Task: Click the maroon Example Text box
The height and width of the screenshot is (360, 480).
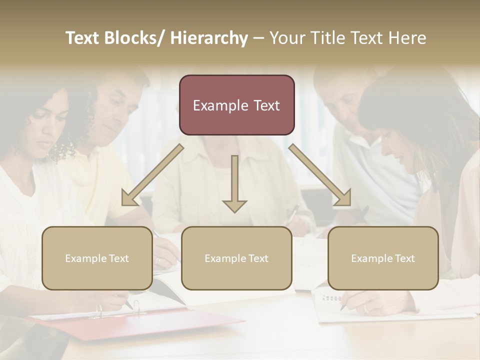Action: click(x=236, y=105)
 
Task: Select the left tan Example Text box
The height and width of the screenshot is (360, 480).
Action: click(x=97, y=258)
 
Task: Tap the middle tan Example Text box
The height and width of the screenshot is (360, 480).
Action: click(x=236, y=258)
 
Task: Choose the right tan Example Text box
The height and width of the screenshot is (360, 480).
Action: click(x=383, y=258)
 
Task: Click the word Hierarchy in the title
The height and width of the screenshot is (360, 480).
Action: click(x=208, y=38)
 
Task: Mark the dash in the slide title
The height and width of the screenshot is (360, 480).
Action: click(x=258, y=38)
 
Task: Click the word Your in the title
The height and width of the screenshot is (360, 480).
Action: click(x=286, y=38)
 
